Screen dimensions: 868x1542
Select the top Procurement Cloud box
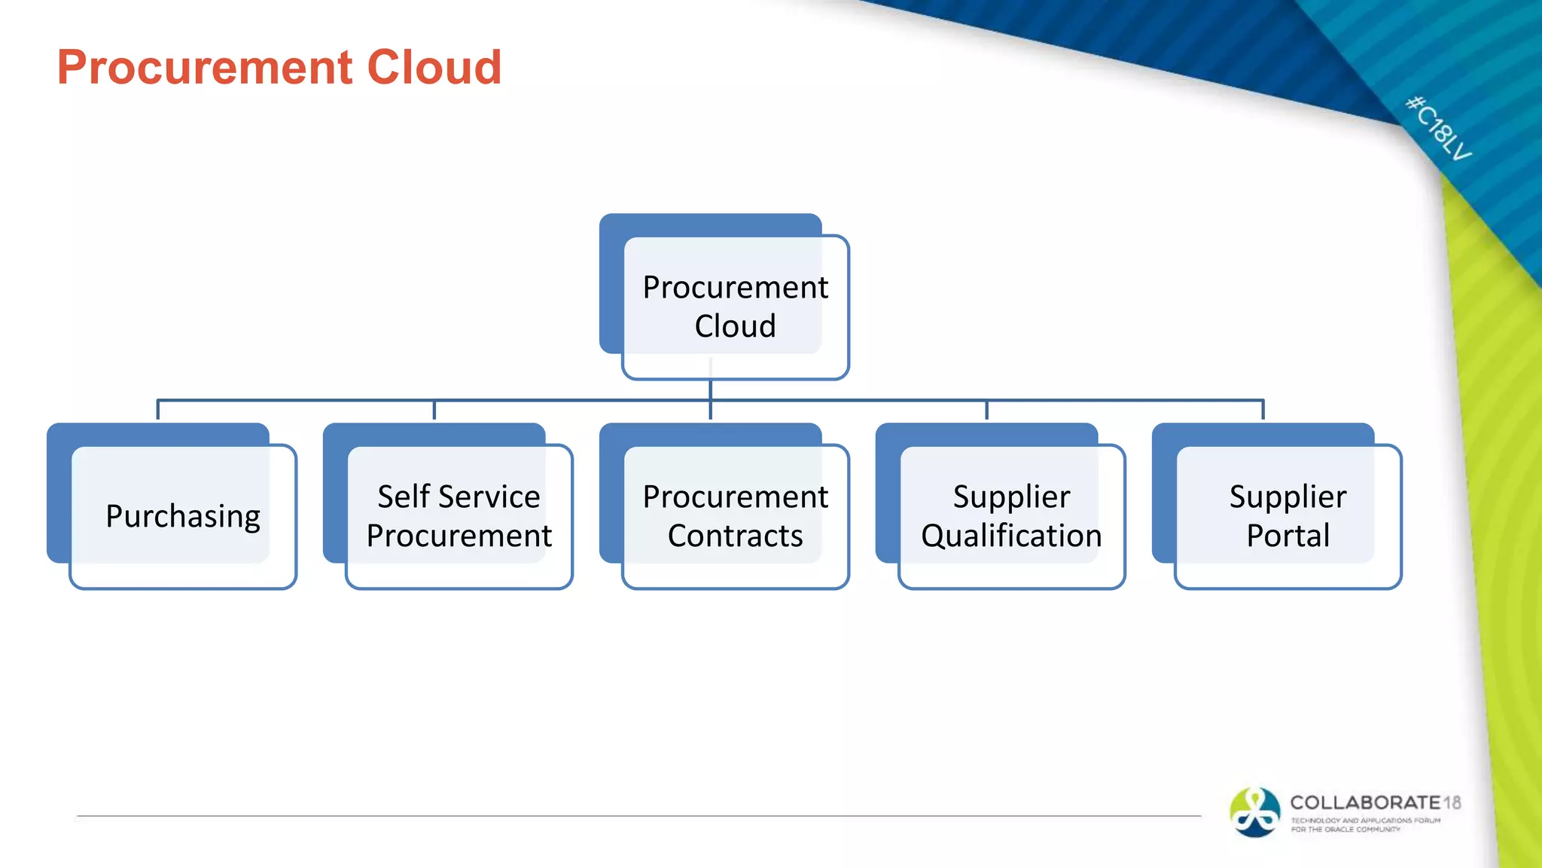[734, 306]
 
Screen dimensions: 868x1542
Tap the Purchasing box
[182, 516]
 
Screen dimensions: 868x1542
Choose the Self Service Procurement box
[459, 516]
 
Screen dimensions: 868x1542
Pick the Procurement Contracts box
[735, 516]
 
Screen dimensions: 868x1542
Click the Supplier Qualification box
[1011, 516]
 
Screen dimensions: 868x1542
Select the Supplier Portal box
[1288, 516]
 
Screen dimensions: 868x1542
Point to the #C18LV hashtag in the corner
[1438, 128]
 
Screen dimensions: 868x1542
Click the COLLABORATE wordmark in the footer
[1365, 802]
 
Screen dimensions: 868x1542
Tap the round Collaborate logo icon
[1254, 812]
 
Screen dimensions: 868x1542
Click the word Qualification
[1011, 536]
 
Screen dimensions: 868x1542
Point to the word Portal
[1288, 536]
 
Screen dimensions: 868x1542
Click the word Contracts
[735, 536]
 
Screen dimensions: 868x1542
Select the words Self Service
[459, 497]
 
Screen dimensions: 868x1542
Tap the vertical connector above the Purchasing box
[157, 410]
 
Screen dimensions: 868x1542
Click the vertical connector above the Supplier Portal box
[1263, 410]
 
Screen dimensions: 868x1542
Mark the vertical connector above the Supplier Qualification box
[986, 410]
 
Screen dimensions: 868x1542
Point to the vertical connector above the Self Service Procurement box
[434, 410]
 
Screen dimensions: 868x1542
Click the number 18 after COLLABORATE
[1452, 802]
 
